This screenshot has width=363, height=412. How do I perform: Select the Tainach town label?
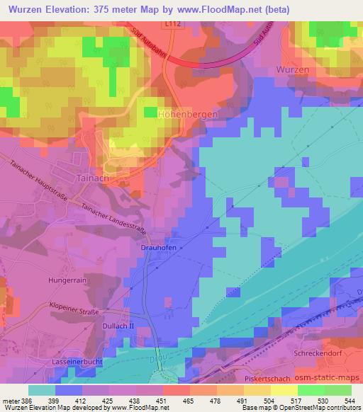click(93, 180)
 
